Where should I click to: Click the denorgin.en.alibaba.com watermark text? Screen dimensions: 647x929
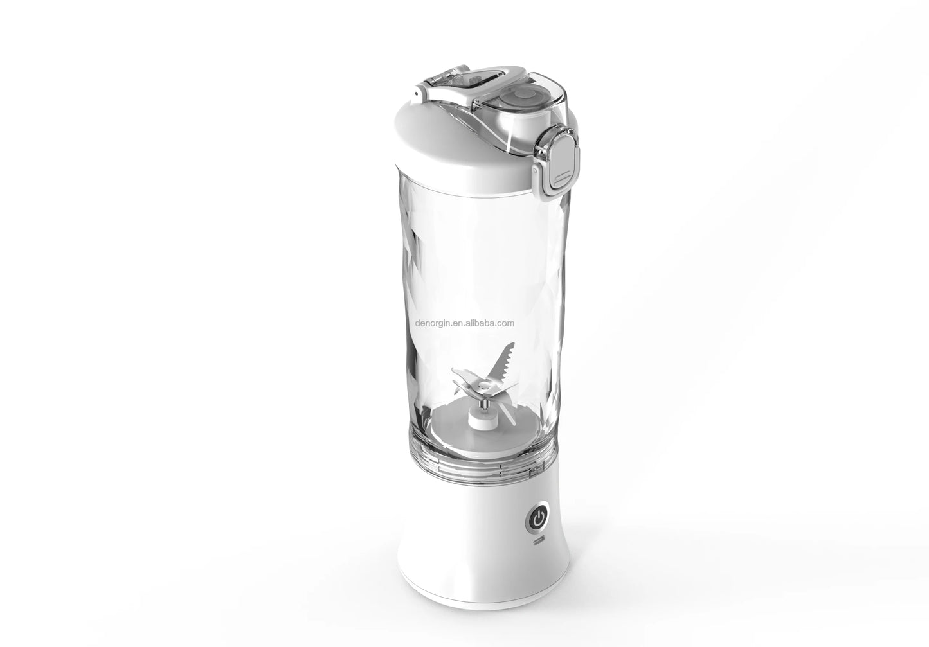[464, 323]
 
